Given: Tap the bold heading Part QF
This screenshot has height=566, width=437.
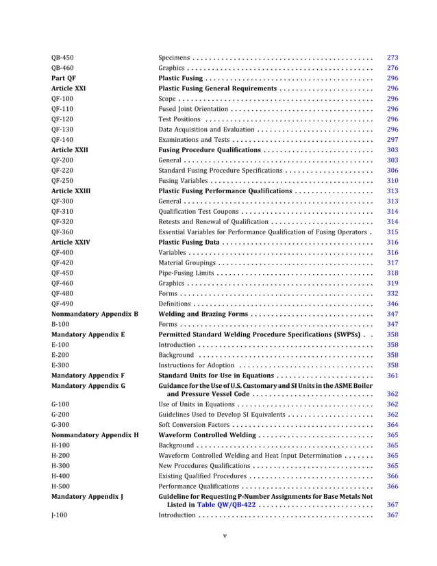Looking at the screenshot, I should click(63, 78).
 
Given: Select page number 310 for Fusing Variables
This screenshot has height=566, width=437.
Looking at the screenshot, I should click(392, 180).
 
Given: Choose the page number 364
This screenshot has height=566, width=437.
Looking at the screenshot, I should click(392, 425).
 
